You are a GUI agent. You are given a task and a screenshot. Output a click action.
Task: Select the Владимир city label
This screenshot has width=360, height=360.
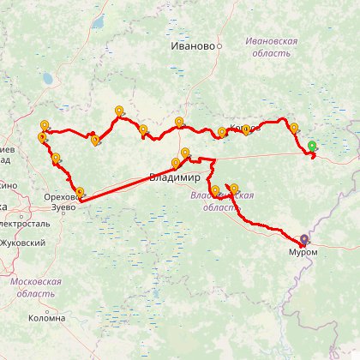174,178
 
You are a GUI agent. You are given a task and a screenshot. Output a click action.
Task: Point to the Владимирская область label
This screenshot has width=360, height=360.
220,201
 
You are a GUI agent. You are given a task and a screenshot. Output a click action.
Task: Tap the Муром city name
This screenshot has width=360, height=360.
304,252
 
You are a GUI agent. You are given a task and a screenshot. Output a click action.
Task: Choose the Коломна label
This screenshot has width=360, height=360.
46,318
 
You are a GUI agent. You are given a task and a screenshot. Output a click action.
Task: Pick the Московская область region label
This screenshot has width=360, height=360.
36,286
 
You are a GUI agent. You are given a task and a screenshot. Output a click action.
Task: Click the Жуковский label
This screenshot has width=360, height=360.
23,243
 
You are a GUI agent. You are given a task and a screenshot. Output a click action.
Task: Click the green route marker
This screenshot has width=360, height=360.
313,146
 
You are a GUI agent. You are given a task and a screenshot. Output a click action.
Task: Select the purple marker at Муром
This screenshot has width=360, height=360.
306,238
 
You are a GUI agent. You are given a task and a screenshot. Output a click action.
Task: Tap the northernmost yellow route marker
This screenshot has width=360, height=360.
119,111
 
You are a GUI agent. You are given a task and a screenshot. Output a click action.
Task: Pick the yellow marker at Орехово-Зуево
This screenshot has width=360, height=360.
81,192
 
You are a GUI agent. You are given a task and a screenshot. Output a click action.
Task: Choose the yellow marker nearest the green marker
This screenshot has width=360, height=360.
294,128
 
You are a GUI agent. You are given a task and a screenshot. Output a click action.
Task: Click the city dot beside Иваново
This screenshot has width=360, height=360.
219,45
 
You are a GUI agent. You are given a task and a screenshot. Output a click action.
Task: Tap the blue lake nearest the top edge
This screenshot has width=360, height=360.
100,21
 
